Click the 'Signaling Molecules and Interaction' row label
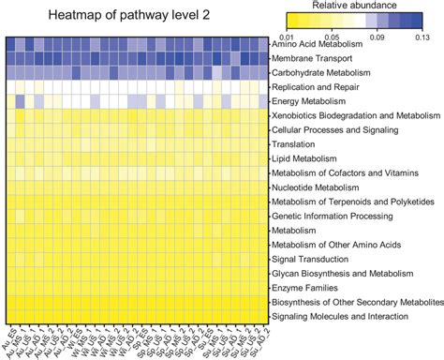(x=344, y=318)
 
